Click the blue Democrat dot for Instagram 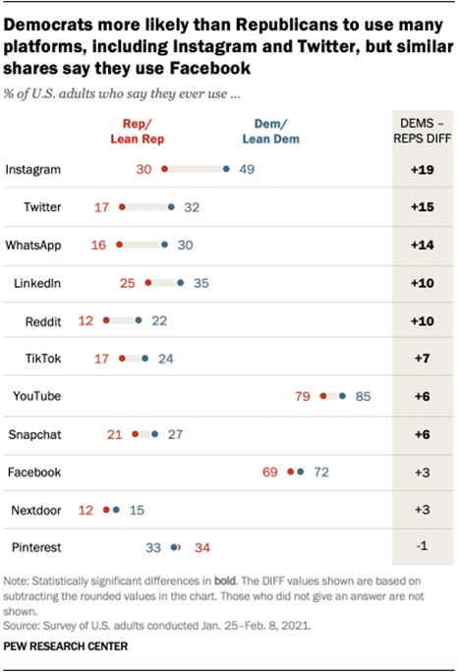(227, 169)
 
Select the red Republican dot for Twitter (122, 207)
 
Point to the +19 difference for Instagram (422, 169)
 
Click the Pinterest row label (34, 546)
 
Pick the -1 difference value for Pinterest (422, 546)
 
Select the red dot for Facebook (290, 472)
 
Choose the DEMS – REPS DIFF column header (422, 127)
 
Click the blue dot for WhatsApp (164, 245)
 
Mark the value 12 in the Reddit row (86, 320)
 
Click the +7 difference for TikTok (422, 359)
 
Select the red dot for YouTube (322, 396)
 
